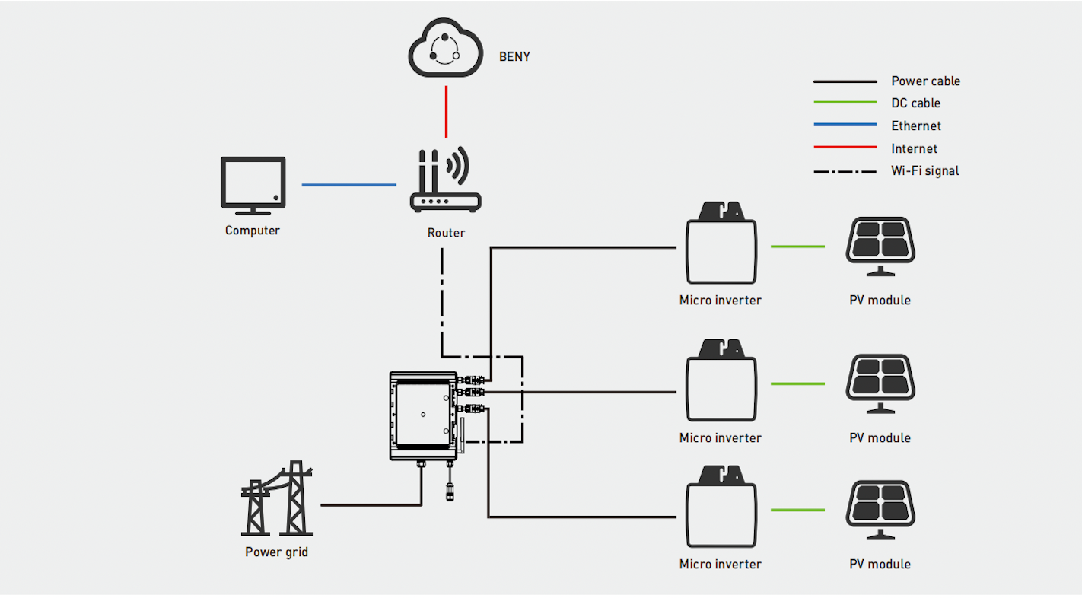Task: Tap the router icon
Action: pos(445,182)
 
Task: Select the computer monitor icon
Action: pos(253,183)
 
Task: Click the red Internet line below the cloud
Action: pos(446,111)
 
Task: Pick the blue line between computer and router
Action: pos(348,184)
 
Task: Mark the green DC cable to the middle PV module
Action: pos(797,383)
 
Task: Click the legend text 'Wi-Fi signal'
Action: pos(924,171)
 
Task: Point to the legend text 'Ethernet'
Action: pos(916,126)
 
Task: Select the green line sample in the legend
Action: pos(845,103)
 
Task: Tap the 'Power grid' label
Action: pos(276,552)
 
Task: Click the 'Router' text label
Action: pos(446,233)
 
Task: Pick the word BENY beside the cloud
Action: pos(514,57)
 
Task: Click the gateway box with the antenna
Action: pos(423,415)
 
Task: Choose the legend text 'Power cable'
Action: pos(925,81)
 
